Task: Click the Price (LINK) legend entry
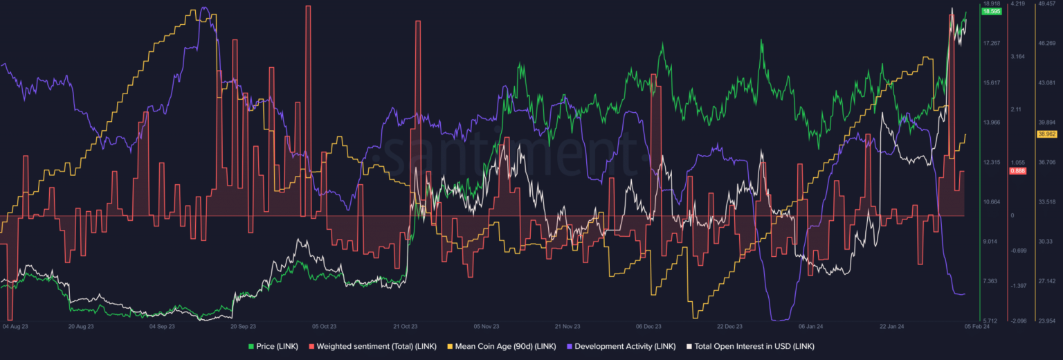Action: (275, 346)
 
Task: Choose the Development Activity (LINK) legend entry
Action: (621, 346)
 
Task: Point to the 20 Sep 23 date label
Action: (243, 325)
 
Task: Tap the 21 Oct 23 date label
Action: (406, 325)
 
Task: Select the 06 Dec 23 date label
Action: (649, 325)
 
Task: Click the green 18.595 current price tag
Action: (992, 12)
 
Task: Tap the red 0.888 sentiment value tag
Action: (1017, 171)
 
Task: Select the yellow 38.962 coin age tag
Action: (1045, 134)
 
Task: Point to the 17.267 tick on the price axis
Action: (991, 43)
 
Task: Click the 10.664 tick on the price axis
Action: (991, 201)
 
